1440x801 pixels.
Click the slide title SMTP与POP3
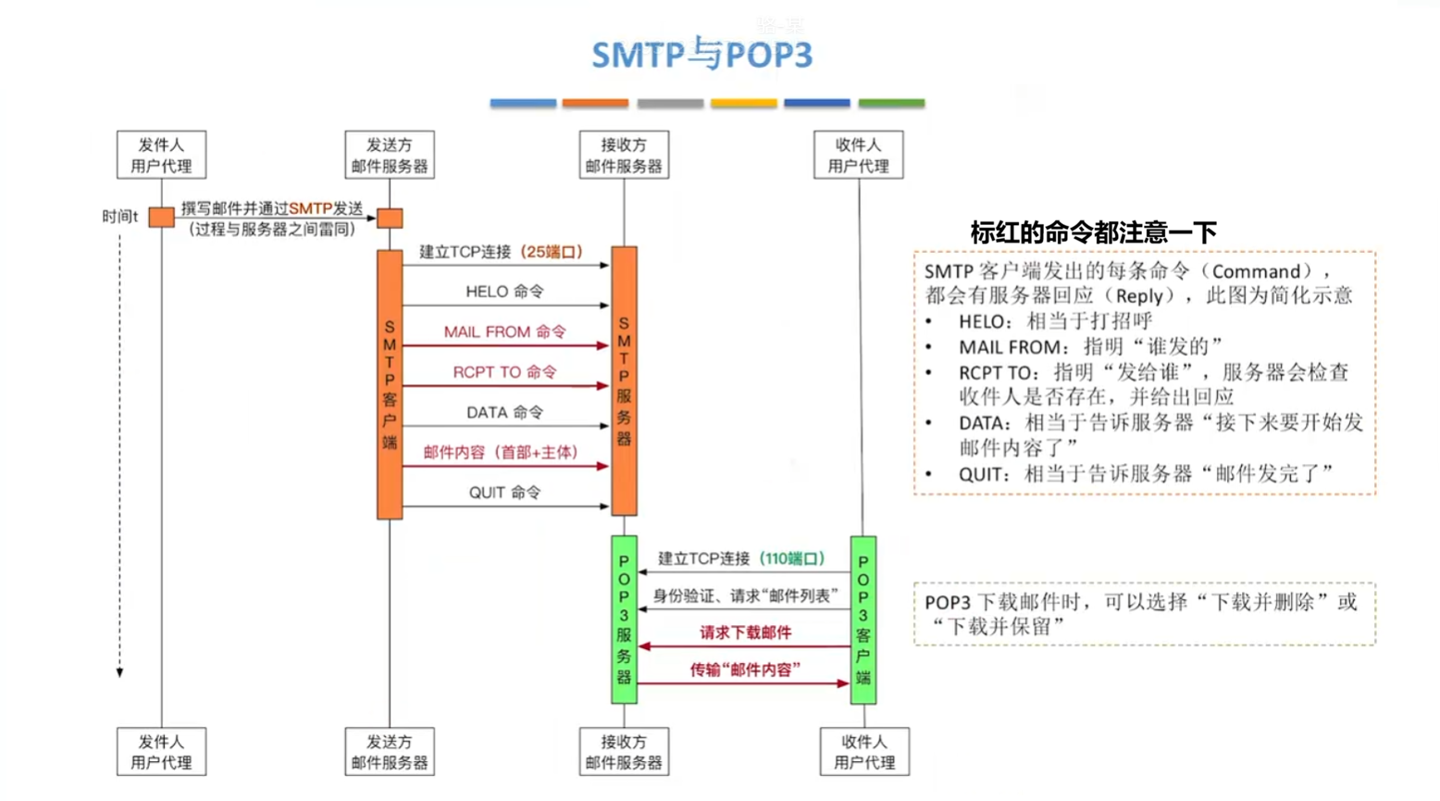pyautogui.click(x=701, y=55)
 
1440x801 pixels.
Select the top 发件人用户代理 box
pyautogui.click(x=161, y=155)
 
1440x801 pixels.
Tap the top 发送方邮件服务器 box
pyautogui.click(x=390, y=155)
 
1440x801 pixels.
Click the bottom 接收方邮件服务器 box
pyautogui.click(x=624, y=752)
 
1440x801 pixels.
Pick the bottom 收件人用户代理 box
pyautogui.click(x=864, y=752)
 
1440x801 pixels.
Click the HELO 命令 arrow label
pyautogui.click(x=504, y=292)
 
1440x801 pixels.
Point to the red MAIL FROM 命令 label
pyautogui.click(x=504, y=332)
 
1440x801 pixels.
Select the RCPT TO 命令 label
pyautogui.click(x=504, y=372)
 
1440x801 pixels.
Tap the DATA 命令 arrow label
pyautogui.click(x=504, y=412)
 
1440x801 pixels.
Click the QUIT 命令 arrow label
pyautogui.click(x=504, y=493)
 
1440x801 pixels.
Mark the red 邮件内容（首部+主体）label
pyautogui.click(x=501, y=453)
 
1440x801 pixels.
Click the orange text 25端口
pyautogui.click(x=552, y=252)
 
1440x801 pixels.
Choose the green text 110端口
pyautogui.click(x=791, y=558)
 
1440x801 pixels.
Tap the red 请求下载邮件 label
pyautogui.click(x=745, y=633)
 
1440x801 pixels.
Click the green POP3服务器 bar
pyautogui.click(x=624, y=620)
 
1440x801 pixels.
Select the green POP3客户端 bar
pyautogui.click(x=863, y=620)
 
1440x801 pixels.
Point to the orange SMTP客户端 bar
pyautogui.click(x=390, y=384)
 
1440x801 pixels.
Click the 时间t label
pyautogui.click(x=119, y=217)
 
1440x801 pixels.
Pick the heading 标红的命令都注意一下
pyautogui.click(x=1093, y=232)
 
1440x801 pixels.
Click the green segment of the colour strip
pyautogui.click(x=891, y=103)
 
